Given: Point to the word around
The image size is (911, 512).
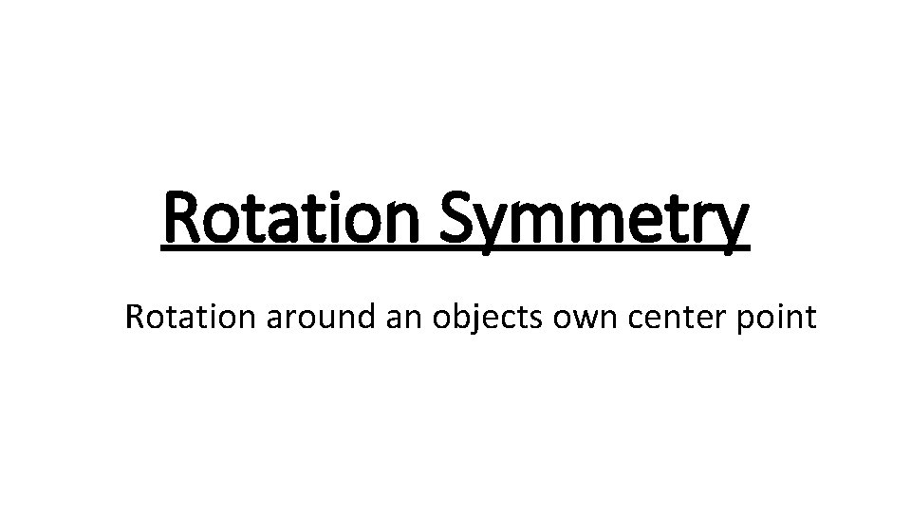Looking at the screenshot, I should (323, 318).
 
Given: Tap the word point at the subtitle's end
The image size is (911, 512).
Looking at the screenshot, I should (777, 318).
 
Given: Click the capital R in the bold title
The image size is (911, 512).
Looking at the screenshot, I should (183, 216).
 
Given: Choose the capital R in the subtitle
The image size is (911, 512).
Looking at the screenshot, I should (134, 316).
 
